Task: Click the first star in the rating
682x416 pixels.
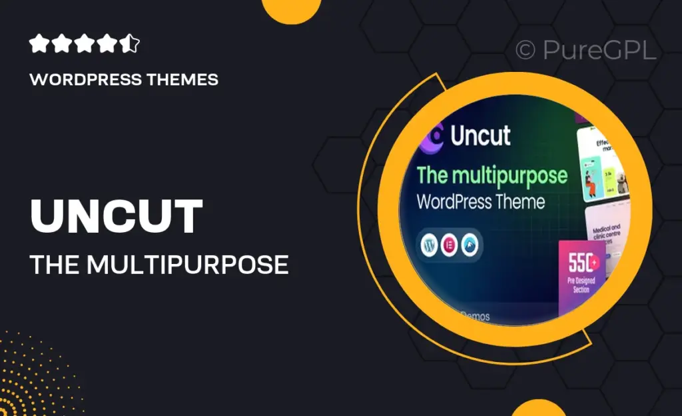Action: (x=39, y=45)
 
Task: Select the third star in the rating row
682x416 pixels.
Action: (x=85, y=45)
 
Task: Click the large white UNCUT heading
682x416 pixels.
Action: (x=117, y=217)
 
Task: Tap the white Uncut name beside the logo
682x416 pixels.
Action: (x=480, y=135)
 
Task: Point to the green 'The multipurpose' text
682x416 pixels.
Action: (x=492, y=176)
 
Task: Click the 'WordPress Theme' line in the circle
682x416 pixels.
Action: (x=481, y=201)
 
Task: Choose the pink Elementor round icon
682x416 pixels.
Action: (x=449, y=245)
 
